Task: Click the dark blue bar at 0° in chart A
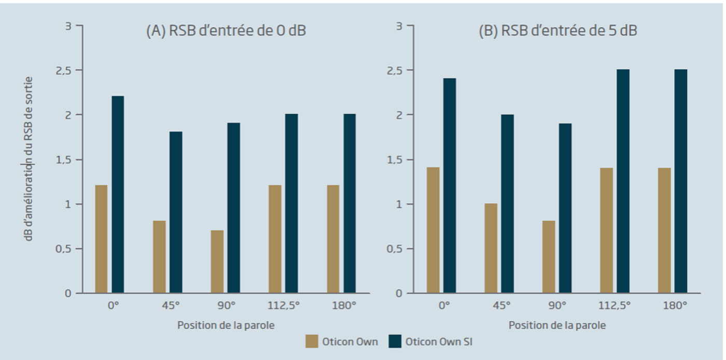pyautogui.click(x=118, y=195)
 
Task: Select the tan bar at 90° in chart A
pyautogui.click(x=217, y=262)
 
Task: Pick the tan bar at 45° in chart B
pyautogui.click(x=491, y=248)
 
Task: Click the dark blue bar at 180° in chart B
pyautogui.click(x=680, y=182)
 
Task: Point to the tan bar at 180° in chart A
pyautogui.click(x=333, y=239)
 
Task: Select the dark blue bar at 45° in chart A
pyautogui.click(x=176, y=213)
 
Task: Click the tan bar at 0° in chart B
pyautogui.click(x=433, y=230)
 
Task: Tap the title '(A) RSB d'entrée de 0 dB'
pyautogui.click(x=226, y=31)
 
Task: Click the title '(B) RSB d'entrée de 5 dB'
pyautogui.click(x=557, y=31)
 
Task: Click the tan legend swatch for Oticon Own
pyautogui.click(x=312, y=341)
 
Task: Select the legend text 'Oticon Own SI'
pyautogui.click(x=439, y=342)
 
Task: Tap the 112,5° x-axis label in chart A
pyautogui.click(x=284, y=306)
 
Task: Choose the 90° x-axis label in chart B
pyautogui.click(x=557, y=306)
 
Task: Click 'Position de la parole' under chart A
pyautogui.click(x=226, y=325)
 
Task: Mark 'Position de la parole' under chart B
pyautogui.click(x=557, y=325)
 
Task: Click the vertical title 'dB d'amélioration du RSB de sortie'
pyautogui.click(x=29, y=159)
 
